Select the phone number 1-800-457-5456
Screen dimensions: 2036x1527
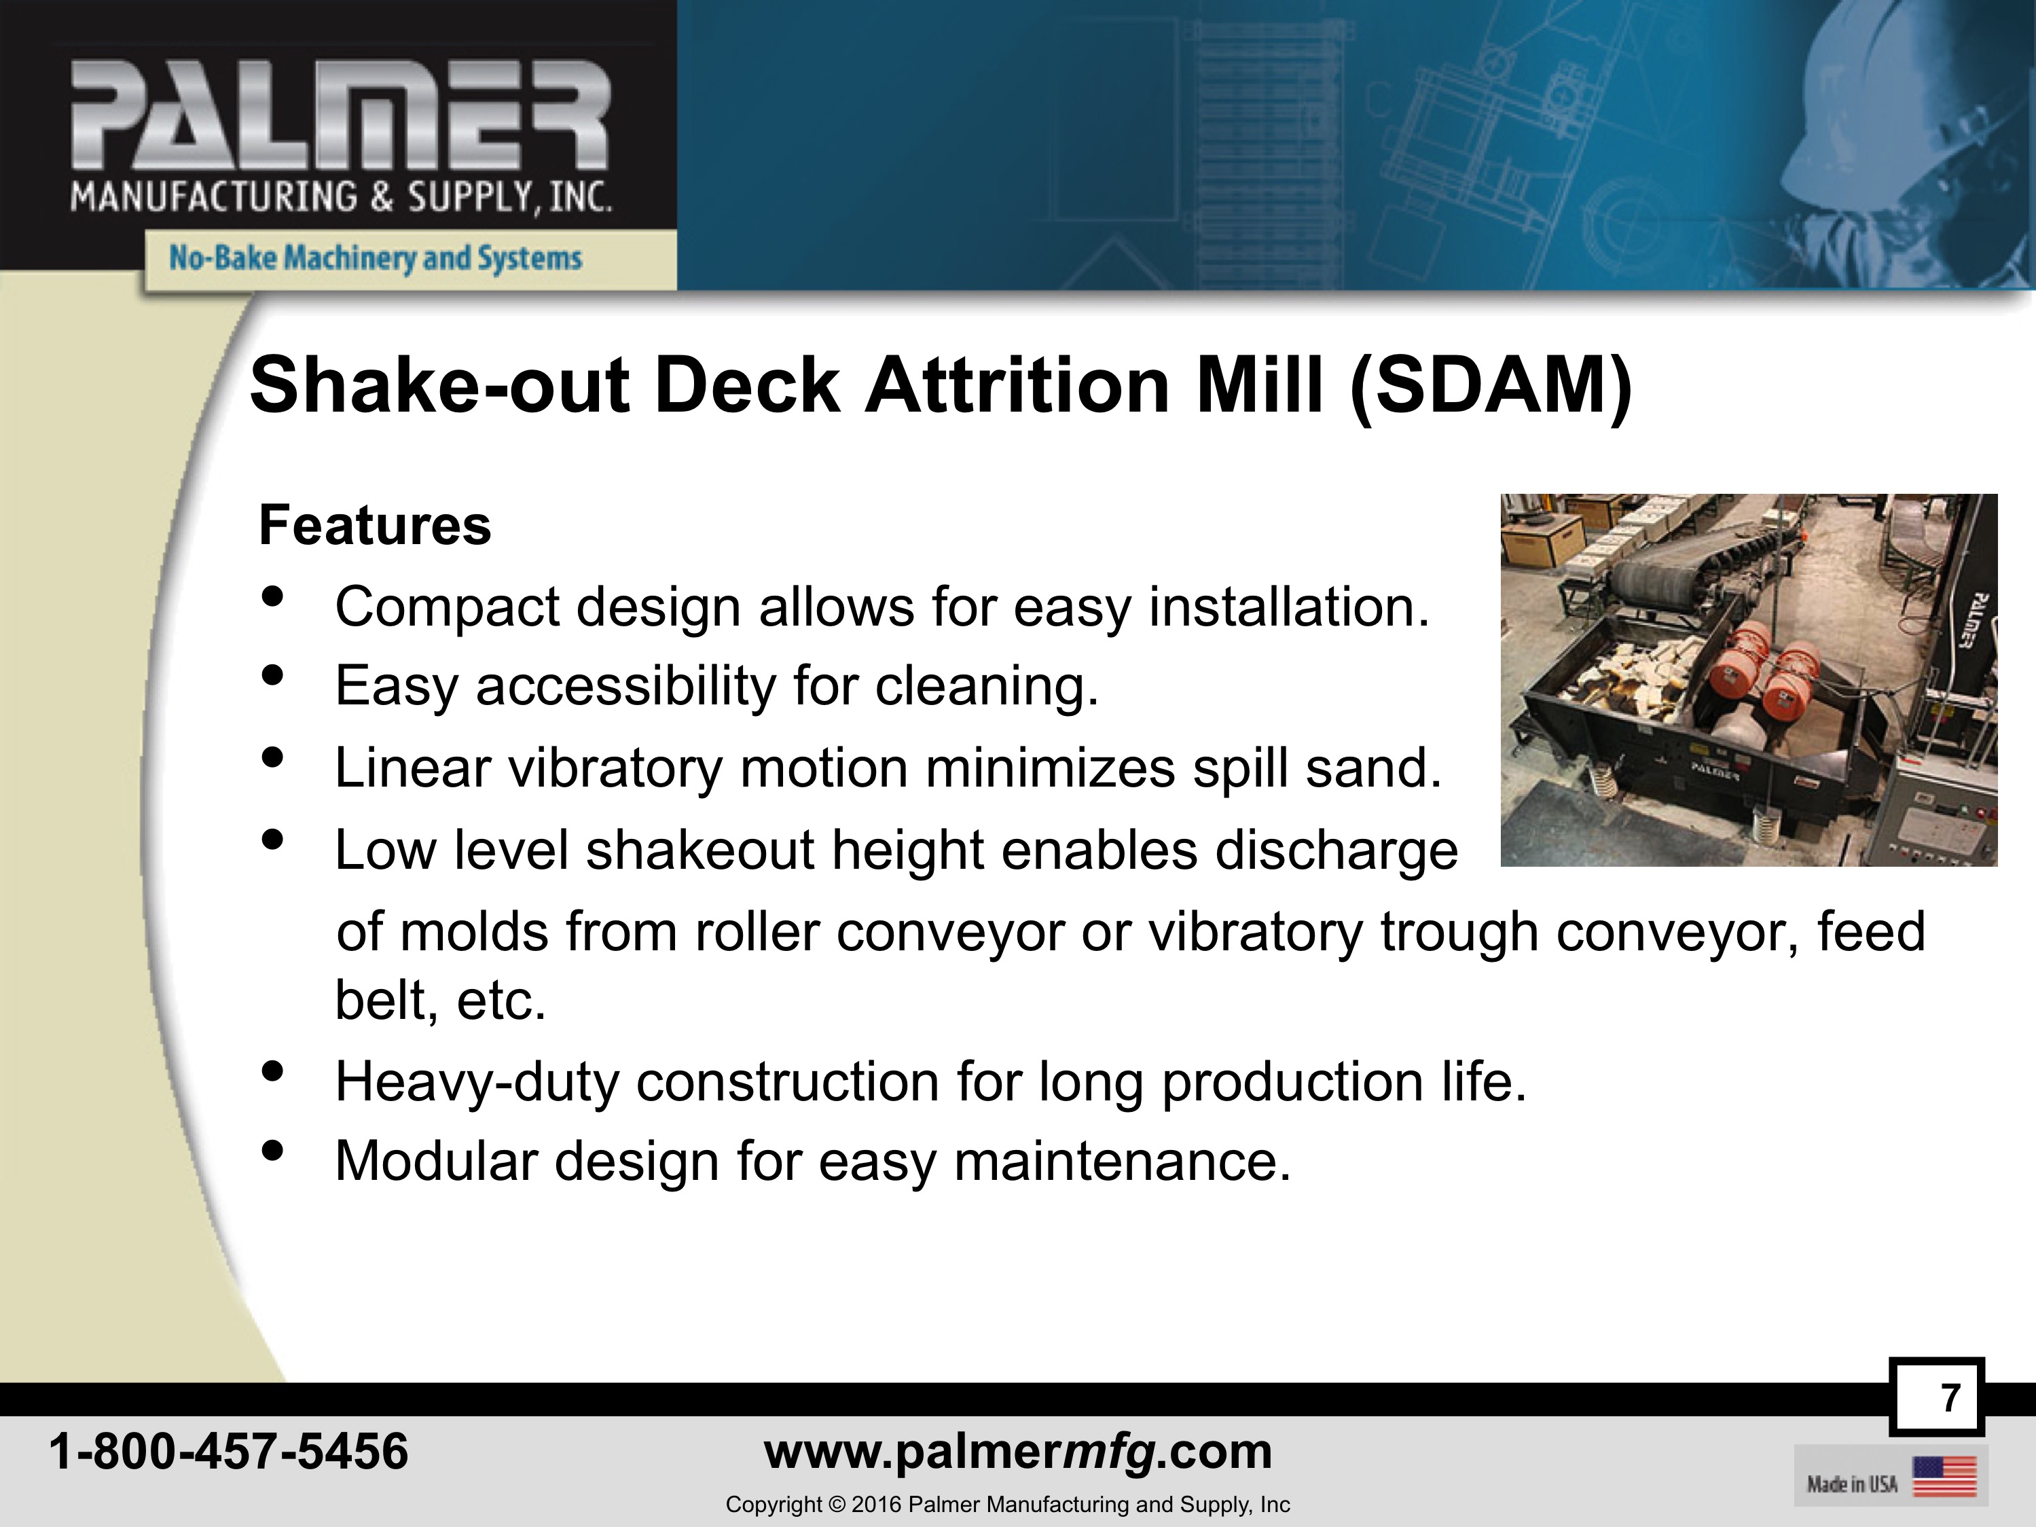point(228,1452)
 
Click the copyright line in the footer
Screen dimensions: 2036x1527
point(1008,1504)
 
